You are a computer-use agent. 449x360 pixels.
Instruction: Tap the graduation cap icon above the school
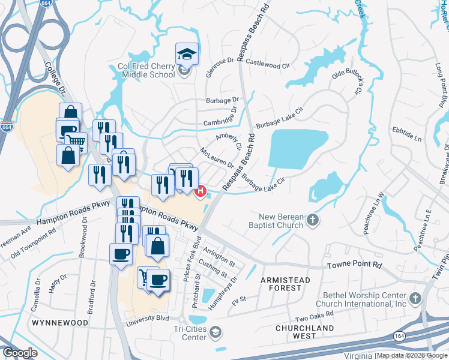[187, 54]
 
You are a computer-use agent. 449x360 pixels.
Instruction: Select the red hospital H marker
[202, 191]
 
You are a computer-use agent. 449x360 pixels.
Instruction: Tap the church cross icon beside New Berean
[312, 221]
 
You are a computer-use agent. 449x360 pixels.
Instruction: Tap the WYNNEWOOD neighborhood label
[60, 323]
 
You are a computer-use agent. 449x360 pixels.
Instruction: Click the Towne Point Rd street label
[354, 265]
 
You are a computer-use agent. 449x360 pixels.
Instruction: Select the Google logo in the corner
[20, 353]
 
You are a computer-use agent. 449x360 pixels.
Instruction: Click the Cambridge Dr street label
[217, 115]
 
